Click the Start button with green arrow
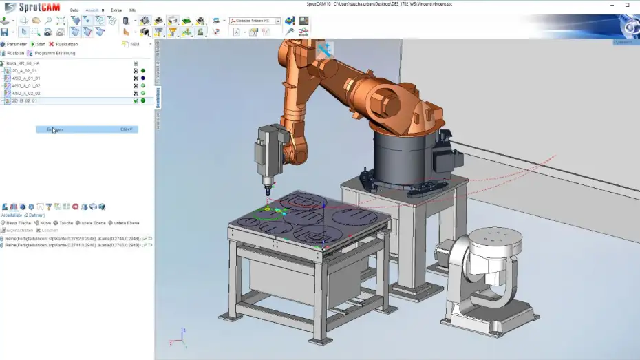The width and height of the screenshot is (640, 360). point(39,44)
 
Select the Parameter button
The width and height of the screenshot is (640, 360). point(15,44)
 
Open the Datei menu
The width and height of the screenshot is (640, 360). point(74,10)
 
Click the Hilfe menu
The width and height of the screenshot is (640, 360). point(132,10)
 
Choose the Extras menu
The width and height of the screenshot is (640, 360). point(116,10)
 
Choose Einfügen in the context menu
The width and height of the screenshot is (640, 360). point(55,129)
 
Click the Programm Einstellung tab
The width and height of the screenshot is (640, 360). point(50,53)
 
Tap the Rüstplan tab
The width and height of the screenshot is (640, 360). point(14,53)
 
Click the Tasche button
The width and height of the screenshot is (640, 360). point(65,223)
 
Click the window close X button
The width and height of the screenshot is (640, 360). point(627,4)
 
